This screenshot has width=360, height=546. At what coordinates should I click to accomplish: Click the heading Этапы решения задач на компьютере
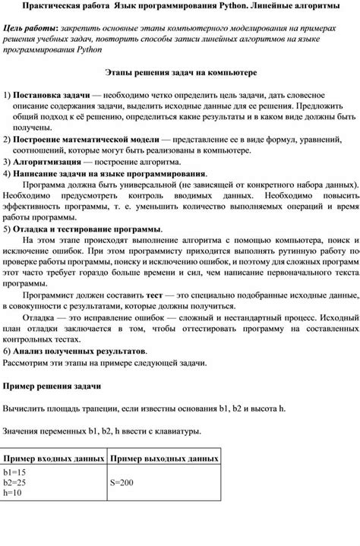click(x=180, y=73)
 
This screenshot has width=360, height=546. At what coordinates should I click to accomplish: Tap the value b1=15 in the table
click(x=15, y=472)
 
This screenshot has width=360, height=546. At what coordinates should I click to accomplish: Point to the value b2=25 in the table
click(x=15, y=482)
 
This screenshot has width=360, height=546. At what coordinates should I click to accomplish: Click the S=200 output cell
click(x=122, y=482)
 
